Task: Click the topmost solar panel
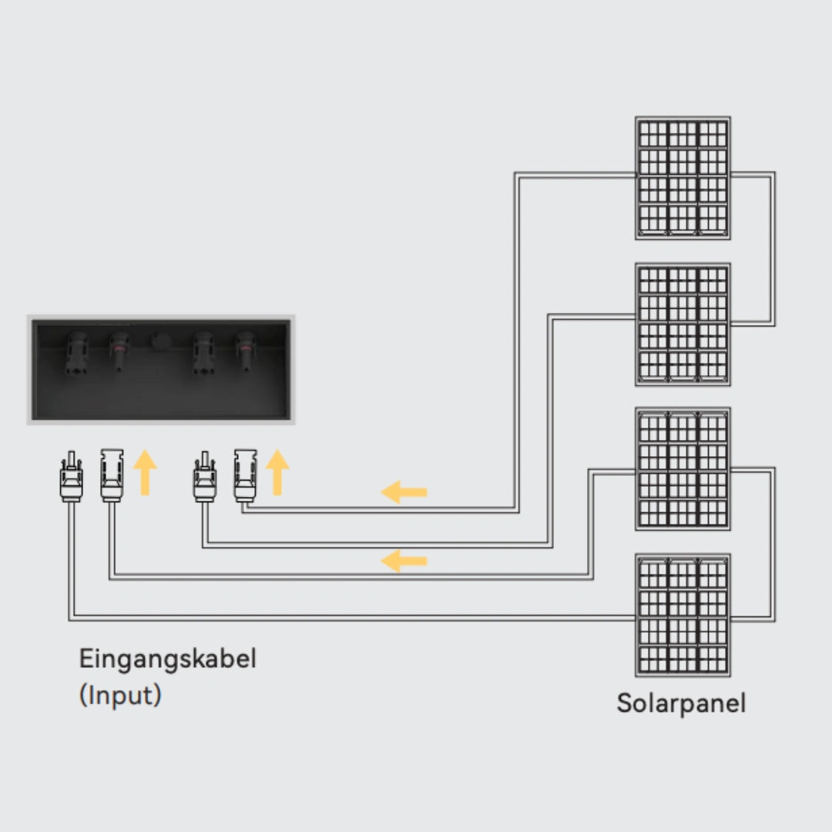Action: (683, 177)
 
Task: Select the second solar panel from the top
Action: (683, 324)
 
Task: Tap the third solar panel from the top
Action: (683, 468)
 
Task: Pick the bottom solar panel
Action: (683, 615)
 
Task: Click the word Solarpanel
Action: (681, 703)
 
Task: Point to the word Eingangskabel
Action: (167, 659)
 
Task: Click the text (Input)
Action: (120, 695)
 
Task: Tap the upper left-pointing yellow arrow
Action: (404, 491)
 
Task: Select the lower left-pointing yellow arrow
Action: (404, 561)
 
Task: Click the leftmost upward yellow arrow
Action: (144, 472)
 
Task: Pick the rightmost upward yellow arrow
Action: (277, 472)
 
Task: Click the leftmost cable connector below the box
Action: (71, 478)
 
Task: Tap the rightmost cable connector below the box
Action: (244, 478)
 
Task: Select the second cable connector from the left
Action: (110, 478)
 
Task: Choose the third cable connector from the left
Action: (204, 478)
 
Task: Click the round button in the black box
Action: (162, 341)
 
